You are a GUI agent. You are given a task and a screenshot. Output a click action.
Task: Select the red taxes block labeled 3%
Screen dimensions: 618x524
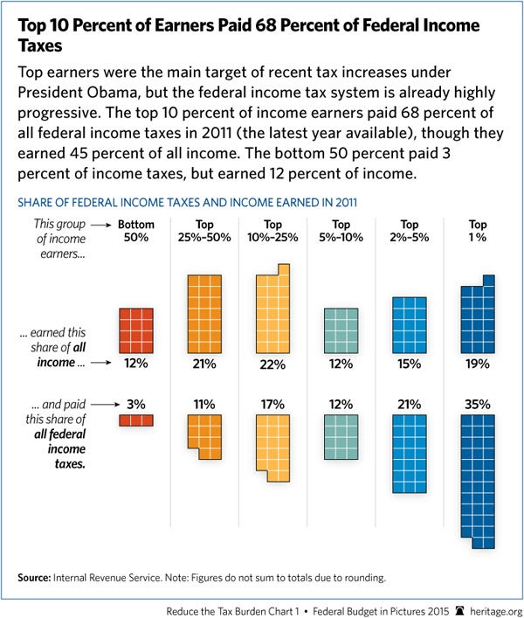click(136, 420)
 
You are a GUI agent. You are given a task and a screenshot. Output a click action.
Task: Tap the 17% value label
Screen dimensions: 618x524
click(273, 404)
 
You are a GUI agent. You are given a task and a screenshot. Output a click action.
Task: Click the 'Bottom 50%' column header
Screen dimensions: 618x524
click(136, 232)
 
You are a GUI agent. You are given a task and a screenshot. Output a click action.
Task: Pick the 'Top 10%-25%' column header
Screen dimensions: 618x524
click(273, 232)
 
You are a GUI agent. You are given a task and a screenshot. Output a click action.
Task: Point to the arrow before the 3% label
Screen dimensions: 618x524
click(103, 404)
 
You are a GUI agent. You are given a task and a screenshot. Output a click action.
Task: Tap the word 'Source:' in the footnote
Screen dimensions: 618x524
click(36, 578)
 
